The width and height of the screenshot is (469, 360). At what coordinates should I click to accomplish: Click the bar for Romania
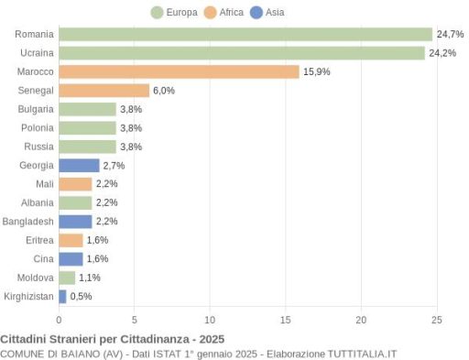245,34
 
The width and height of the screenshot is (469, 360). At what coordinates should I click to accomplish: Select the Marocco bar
179,71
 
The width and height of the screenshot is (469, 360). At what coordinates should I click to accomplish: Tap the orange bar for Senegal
104,91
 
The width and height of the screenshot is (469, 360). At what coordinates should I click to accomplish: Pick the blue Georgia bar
79,166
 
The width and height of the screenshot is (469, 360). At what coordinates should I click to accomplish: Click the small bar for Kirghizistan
62,297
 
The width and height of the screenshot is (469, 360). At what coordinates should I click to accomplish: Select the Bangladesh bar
75,222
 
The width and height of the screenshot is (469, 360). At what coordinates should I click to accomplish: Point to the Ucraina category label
37,53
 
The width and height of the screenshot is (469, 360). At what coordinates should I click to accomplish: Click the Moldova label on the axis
36,278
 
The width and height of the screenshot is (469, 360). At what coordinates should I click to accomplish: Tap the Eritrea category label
39,240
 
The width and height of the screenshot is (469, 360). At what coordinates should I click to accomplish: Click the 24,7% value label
450,34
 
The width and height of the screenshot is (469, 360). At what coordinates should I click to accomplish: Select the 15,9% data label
317,71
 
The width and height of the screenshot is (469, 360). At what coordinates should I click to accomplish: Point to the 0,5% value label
81,296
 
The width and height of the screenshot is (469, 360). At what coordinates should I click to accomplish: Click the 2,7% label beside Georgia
114,166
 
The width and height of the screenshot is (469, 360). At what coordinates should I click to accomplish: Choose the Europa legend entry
174,13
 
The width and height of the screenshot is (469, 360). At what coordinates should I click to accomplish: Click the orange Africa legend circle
210,13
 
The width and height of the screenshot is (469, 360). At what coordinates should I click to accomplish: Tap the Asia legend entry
267,13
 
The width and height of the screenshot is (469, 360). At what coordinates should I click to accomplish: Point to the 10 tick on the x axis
210,320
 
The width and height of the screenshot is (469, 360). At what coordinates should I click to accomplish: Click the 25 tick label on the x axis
437,320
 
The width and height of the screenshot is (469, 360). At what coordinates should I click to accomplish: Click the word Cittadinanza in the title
155,339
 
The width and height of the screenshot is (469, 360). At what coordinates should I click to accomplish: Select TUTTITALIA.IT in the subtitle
362,355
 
